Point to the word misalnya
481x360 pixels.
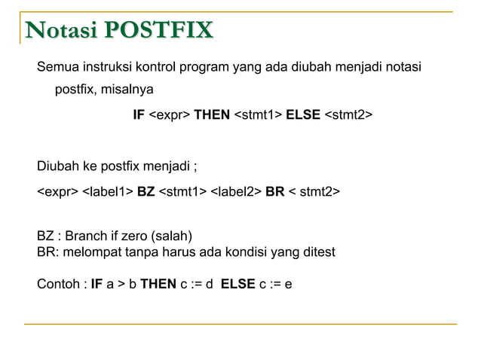[x=124, y=90]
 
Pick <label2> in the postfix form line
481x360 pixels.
[x=236, y=192]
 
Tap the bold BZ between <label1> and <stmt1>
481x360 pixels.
[x=146, y=192]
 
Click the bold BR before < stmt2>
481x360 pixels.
[x=274, y=192]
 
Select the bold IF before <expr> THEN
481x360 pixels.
[x=138, y=115]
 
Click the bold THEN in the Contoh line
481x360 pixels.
[x=158, y=285]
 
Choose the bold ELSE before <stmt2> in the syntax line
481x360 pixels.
[x=303, y=115]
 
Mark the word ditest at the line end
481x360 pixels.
[x=317, y=251]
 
